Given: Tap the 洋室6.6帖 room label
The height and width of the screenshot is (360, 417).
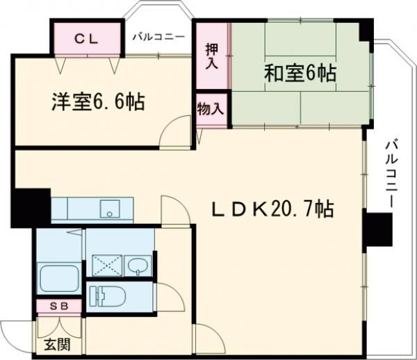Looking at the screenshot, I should tap(97, 102).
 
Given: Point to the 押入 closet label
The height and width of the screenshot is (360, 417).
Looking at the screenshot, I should tap(212, 56).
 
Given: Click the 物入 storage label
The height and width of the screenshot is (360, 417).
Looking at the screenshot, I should tap(211, 109).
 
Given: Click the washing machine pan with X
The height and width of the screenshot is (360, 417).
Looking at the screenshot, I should tap(106, 264).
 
